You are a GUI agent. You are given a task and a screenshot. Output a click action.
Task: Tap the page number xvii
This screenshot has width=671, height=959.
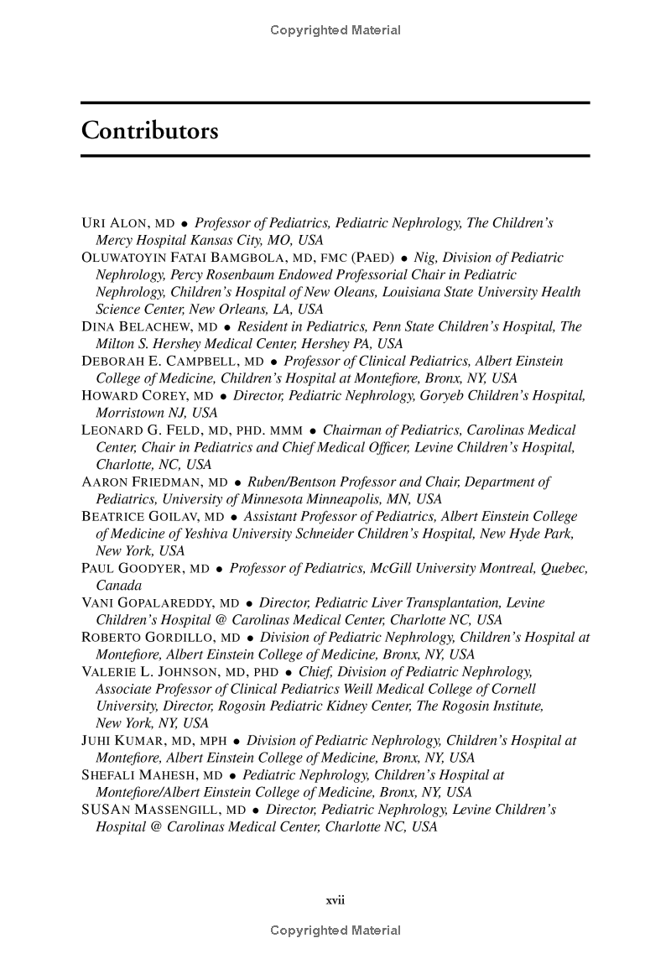coord(335,900)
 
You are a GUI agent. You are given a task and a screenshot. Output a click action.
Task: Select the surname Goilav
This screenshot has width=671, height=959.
coord(171,517)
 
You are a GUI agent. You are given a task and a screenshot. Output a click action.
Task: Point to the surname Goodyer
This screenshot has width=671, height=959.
coord(152,569)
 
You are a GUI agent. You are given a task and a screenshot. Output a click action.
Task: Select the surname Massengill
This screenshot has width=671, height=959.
coord(180,810)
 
